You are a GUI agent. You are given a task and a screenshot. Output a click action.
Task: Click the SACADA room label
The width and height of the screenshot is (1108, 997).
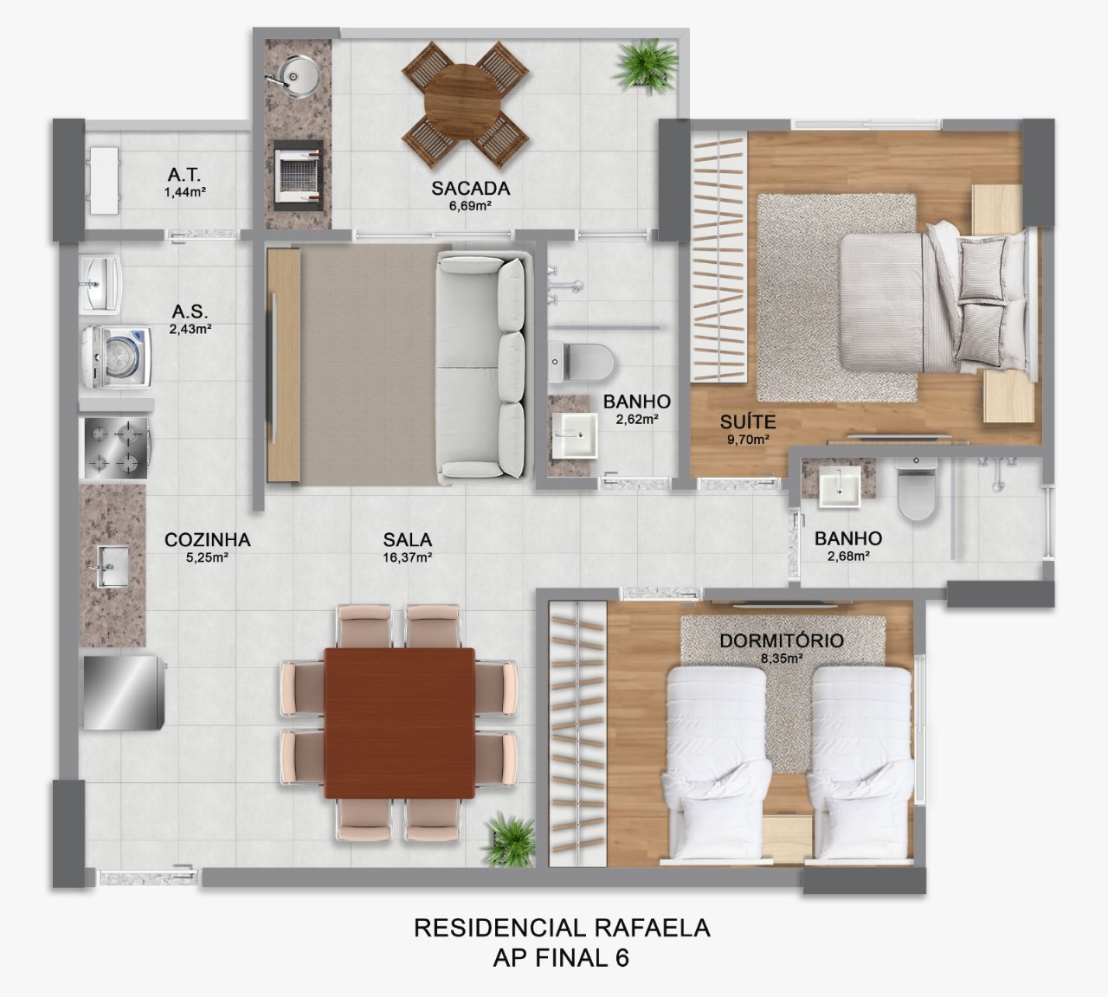pos(471,188)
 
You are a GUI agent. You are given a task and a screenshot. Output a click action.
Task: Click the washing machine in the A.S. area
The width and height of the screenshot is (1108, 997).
pos(117,356)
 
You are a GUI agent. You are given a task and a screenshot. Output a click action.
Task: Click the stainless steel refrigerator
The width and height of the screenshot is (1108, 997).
pos(121,692)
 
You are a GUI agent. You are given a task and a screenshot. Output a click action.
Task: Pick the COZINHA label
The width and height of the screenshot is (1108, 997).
pos(208,540)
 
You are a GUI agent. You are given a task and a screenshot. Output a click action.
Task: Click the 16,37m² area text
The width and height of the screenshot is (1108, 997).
pos(408,558)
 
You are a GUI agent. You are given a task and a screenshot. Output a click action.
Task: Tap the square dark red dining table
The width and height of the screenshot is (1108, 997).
pos(400,724)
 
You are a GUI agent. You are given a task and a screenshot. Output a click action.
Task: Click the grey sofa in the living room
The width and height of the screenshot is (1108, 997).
pos(481,365)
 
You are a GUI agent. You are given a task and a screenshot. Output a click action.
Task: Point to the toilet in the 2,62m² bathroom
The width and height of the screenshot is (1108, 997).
pos(580,362)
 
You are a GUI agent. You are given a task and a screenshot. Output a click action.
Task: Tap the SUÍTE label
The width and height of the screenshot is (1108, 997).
pos(748,423)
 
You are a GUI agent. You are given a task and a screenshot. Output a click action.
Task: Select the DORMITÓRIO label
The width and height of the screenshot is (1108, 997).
pos(782,641)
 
